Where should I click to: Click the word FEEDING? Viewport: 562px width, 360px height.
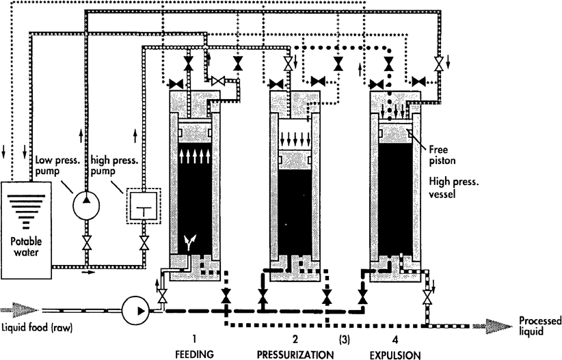tap(195, 354)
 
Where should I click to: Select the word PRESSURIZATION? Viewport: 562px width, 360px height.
tap(295, 354)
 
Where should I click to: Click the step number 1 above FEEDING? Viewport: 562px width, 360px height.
tap(195, 339)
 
